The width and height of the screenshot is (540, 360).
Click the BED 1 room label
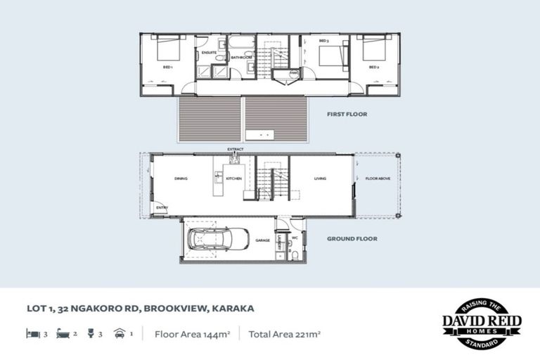point(167,68)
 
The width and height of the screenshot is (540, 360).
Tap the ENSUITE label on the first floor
point(209,52)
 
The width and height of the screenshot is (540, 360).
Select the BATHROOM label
point(242,58)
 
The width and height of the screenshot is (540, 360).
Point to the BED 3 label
point(323,42)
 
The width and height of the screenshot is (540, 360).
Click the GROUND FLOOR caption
point(352,239)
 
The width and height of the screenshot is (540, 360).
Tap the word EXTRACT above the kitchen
point(235,150)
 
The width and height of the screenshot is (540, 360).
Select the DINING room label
point(181,179)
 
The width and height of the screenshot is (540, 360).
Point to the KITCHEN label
point(234,179)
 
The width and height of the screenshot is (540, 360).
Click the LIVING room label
point(320,179)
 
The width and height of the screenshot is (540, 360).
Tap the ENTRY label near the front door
point(162,207)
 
